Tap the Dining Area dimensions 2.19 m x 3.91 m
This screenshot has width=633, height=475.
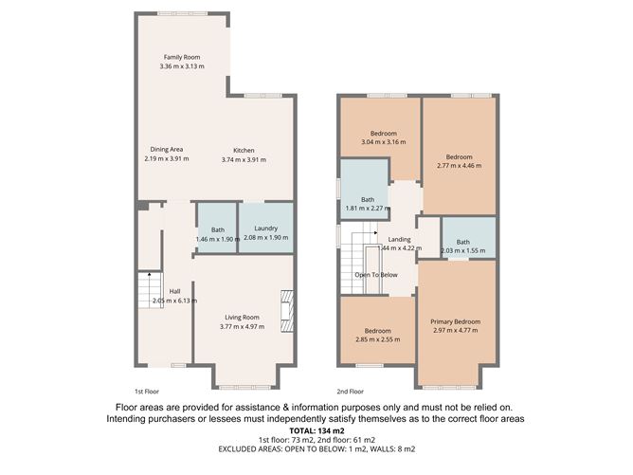160,158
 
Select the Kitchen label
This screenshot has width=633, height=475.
244,150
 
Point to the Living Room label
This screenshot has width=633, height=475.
242,317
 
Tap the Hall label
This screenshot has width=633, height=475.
174,291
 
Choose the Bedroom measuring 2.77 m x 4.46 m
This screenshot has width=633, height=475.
460,157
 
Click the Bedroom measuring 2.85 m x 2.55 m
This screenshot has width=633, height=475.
377,333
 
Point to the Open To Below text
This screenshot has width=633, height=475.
376,275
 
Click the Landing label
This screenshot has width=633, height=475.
399,239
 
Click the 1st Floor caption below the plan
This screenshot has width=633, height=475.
145,391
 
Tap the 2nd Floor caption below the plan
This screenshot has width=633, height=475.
350,391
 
